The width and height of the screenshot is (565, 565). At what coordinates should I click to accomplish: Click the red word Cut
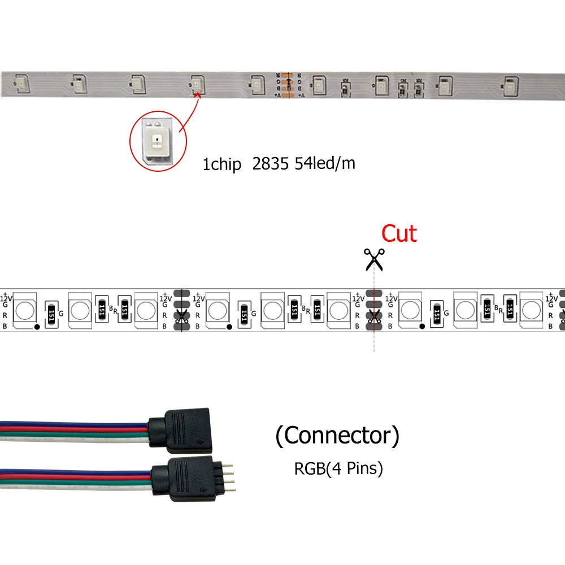point(399,233)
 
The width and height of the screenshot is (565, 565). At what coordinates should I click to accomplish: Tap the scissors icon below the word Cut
point(373,259)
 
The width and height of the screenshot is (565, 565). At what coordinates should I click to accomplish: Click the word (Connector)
point(337,436)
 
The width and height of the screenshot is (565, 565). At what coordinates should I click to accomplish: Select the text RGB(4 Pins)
point(338,468)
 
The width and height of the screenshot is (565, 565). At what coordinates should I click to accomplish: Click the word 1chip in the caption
point(222,165)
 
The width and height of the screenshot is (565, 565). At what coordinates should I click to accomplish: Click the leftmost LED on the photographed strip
point(20,83)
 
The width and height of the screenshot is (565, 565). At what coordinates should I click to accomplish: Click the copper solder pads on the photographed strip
point(286,85)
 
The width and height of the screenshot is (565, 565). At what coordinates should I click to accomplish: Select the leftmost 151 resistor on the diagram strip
point(53,311)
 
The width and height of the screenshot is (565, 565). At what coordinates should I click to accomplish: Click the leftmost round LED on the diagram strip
point(24,310)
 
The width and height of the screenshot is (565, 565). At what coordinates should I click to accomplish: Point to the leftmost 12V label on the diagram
point(6,297)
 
